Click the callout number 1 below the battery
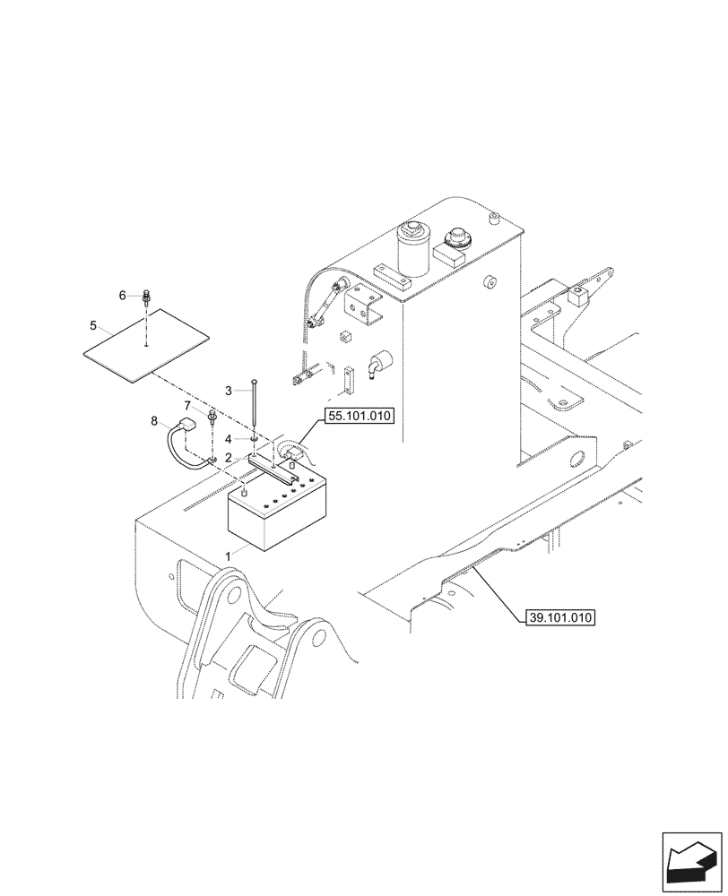tap(228, 556)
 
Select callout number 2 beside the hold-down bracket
tap(230, 458)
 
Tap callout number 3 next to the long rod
tap(229, 391)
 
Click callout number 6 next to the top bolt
tap(123, 295)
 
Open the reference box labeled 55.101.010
tap(357, 417)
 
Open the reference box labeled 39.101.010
tap(557, 617)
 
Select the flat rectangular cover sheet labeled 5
tap(145, 345)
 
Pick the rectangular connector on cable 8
tap(187, 426)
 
